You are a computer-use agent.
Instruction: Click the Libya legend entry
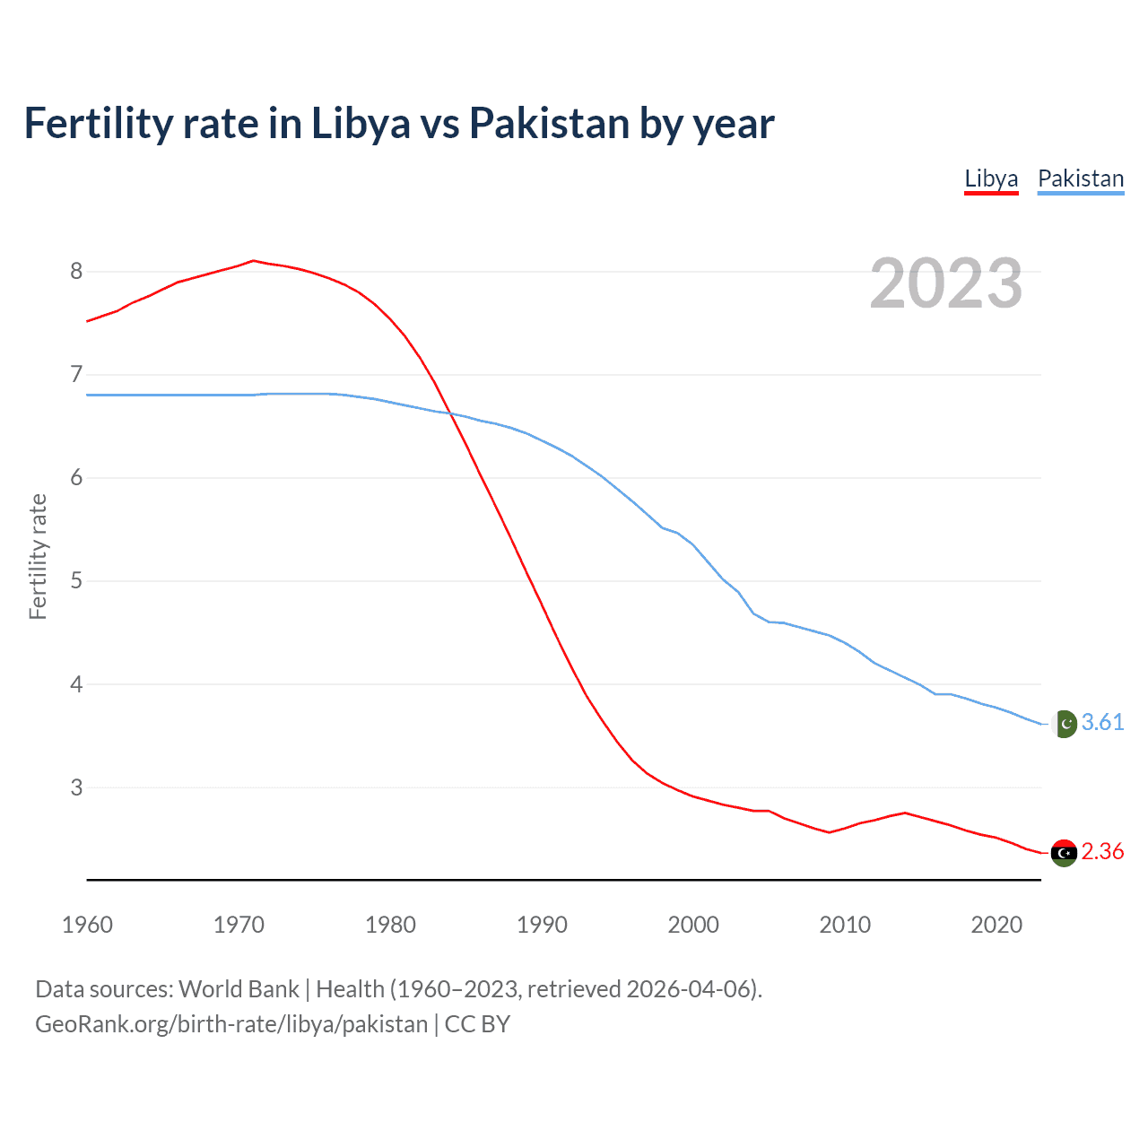click(991, 178)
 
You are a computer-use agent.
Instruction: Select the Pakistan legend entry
click(1080, 178)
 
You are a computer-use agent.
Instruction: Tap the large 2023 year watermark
click(945, 283)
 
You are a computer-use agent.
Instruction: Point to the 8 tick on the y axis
click(76, 271)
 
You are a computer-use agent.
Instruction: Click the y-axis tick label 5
click(76, 580)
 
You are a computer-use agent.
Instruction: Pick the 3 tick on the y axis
click(76, 787)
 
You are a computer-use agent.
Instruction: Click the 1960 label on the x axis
click(87, 925)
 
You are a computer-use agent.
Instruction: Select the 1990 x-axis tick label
click(542, 925)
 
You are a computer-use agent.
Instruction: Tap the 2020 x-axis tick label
click(996, 925)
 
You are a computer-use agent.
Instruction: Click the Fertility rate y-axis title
click(38, 556)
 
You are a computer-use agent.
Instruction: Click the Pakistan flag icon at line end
click(1064, 723)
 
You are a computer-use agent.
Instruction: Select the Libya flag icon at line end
click(1064, 853)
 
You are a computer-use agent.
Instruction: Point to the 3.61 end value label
click(1102, 722)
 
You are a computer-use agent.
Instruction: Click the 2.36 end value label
click(1102, 851)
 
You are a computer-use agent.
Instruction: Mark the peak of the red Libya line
click(253, 261)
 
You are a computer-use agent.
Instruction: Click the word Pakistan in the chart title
click(549, 124)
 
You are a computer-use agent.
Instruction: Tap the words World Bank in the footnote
click(239, 989)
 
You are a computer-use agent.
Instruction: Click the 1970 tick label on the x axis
click(239, 925)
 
